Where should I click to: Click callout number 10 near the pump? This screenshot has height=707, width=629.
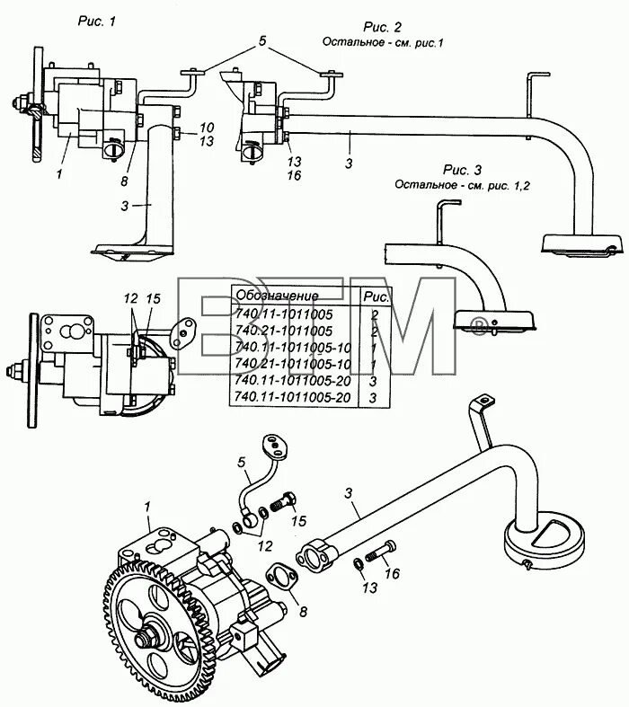coord(206,127)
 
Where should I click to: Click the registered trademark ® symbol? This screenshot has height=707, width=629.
coord(480,323)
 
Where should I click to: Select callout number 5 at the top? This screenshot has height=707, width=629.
coord(261,40)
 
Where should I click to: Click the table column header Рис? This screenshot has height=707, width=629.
coord(375,295)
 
